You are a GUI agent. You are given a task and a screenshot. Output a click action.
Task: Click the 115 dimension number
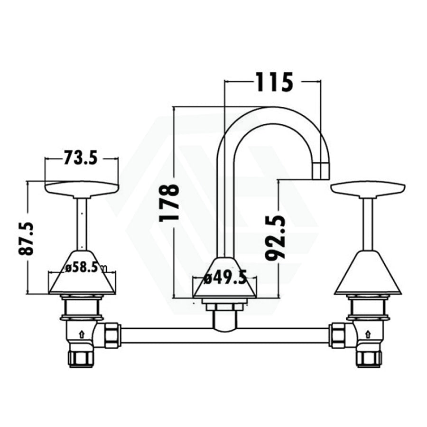pyautogui.click(x=274, y=82)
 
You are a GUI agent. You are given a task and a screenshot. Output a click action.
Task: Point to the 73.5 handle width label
pyautogui.click(x=80, y=158)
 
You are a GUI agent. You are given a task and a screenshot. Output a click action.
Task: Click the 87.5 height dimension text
pyautogui.click(x=26, y=239)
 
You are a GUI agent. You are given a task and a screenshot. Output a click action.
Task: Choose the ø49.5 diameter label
pyautogui.click(x=225, y=278)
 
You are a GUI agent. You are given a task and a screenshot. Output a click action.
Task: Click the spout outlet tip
pyautogui.click(x=321, y=171)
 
